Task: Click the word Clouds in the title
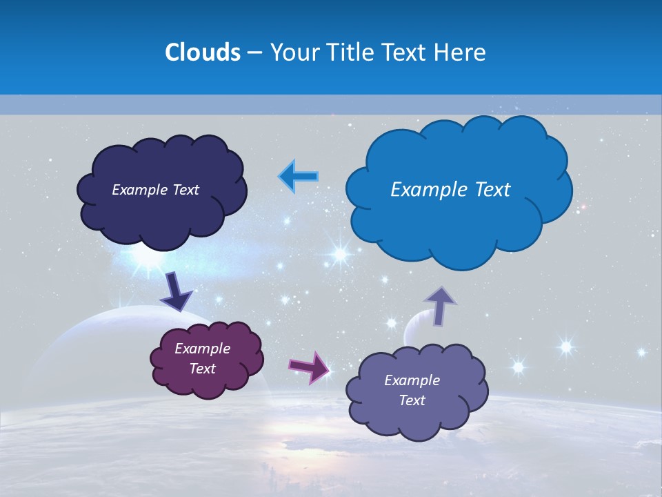[x=203, y=52]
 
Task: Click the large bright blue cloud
[x=459, y=221]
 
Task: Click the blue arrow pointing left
[x=299, y=176]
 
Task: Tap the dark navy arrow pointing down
[x=176, y=291]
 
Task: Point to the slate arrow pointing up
[x=440, y=305]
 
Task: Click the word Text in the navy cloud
[x=185, y=190]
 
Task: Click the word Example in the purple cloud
[x=202, y=349]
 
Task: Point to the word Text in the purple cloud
[x=202, y=369]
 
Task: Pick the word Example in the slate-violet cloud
[x=412, y=380]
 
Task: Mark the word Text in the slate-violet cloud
[x=412, y=400]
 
